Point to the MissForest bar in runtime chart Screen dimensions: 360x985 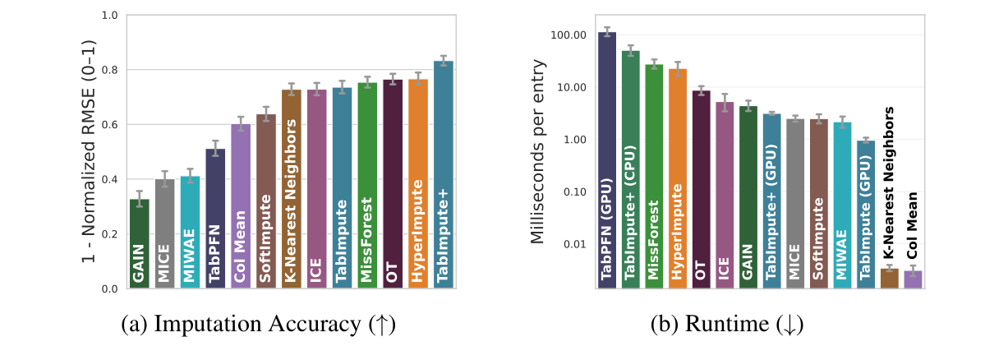[x=654, y=176]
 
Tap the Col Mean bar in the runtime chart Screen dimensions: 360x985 [x=913, y=279]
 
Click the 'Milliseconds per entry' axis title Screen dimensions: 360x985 [x=538, y=152]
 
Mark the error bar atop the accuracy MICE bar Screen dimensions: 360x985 [x=165, y=179]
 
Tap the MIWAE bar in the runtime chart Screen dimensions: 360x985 [x=843, y=205]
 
